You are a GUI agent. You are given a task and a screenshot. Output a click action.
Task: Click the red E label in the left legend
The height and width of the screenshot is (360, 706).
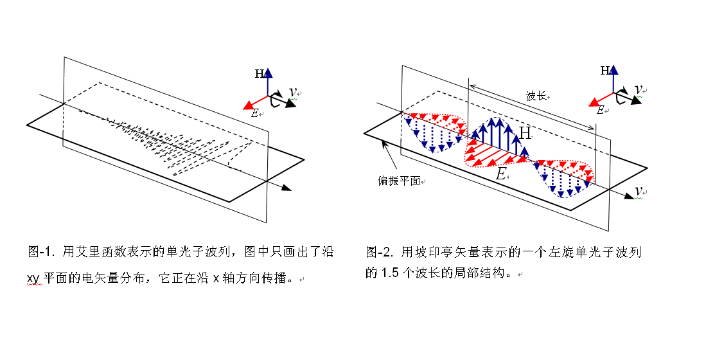[255, 113]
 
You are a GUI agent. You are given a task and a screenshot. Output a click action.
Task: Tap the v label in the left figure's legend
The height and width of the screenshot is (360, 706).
[292, 92]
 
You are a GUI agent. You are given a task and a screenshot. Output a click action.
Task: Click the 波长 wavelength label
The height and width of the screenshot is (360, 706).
[535, 96]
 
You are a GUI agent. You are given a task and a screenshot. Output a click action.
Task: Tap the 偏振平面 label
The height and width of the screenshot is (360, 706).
[398, 181]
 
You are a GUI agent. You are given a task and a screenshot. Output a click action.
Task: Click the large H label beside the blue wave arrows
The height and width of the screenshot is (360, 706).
[525, 133]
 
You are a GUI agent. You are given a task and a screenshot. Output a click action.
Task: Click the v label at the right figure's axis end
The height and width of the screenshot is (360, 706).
[639, 191]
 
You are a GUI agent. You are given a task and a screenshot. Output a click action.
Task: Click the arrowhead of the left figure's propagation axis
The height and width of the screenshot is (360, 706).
[286, 188]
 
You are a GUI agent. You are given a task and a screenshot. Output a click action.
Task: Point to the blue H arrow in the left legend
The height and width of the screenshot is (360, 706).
[269, 79]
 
